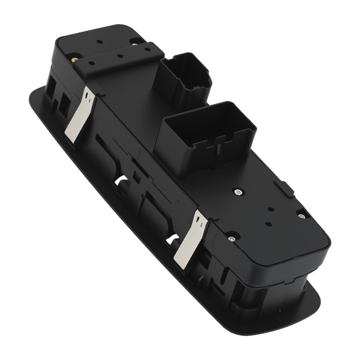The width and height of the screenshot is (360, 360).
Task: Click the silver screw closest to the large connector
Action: coord(238,192)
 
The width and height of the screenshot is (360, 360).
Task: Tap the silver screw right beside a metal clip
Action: coord(230,239)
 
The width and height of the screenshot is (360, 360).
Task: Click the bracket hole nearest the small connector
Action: coord(147,52)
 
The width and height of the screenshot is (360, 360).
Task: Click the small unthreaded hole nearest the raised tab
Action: coord(271,210)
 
